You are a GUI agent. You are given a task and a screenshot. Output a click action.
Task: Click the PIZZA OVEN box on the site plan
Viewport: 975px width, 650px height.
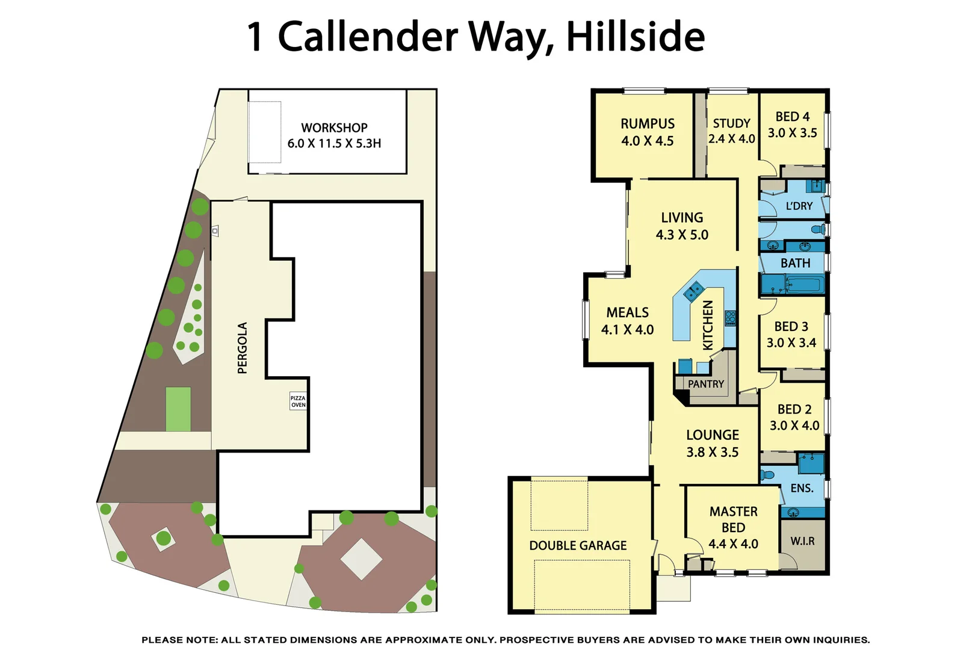pos(298,401)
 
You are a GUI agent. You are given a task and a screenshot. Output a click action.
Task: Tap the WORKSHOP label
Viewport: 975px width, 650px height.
pos(334,128)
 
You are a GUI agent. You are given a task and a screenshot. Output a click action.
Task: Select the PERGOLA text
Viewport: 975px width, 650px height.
pos(243,348)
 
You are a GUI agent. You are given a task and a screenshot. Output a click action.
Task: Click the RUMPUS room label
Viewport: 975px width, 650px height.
pos(648,124)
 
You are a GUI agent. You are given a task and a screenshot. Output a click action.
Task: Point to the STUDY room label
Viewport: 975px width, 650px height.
pos(731,123)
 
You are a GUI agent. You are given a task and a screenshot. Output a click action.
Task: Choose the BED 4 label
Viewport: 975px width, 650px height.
pos(792,117)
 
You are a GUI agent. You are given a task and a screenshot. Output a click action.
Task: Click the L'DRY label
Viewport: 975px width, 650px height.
pos(799,206)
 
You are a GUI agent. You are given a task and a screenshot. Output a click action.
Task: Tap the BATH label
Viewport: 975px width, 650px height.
pos(795,263)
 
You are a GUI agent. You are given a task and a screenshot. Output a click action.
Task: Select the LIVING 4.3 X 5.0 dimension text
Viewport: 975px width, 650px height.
pos(682,235)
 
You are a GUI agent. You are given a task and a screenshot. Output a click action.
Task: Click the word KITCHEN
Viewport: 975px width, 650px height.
pos(708,325)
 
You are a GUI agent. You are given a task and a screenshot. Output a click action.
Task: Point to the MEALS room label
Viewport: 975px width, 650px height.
pos(627,313)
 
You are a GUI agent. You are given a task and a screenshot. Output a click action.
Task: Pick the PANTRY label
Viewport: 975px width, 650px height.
pos(706,384)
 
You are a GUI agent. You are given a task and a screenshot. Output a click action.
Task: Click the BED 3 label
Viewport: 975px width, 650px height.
pos(791,327)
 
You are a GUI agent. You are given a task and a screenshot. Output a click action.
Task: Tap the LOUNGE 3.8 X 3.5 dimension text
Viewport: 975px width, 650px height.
pos(713,452)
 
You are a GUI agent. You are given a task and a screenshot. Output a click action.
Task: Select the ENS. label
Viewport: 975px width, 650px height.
pos(802,488)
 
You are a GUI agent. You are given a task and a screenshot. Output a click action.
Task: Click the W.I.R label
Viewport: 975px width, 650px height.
pos(802,541)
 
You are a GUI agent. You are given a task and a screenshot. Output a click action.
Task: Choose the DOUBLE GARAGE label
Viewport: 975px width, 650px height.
pos(578,545)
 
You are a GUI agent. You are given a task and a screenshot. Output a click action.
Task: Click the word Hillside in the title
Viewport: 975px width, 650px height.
pos(636,37)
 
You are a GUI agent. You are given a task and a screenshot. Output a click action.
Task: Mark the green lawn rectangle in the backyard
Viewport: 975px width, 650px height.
pos(178,409)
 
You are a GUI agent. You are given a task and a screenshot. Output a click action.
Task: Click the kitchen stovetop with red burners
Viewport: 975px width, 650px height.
pos(730,318)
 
